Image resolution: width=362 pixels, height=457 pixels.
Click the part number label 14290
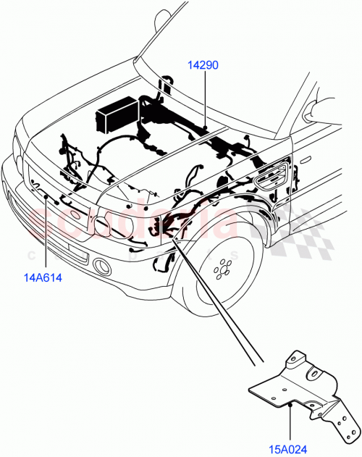(203, 65)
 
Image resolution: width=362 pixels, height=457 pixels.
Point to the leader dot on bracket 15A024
(290, 406)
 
